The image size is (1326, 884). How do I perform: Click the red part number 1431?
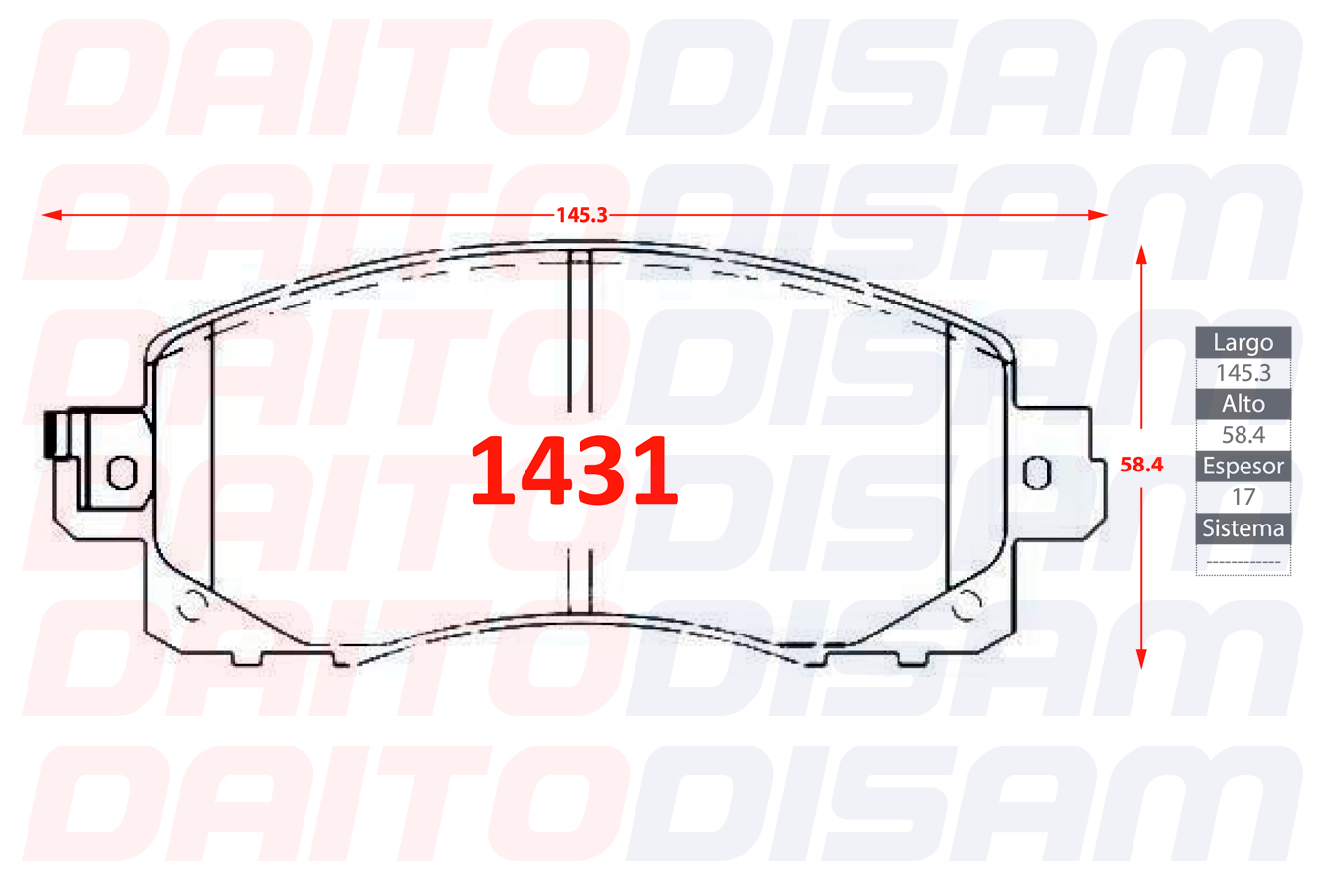tap(574, 470)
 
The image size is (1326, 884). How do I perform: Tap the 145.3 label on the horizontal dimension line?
tap(581, 215)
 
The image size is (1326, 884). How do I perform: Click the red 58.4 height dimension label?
tap(1141, 465)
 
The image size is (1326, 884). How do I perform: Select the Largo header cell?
tap(1243, 342)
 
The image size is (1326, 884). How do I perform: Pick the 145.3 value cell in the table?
tap(1243, 373)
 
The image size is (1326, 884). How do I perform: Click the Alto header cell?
tap(1243, 405)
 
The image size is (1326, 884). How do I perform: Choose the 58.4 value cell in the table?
tap(1243, 435)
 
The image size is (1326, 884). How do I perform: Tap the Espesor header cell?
tap(1243, 466)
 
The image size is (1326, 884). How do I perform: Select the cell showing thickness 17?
tap(1243, 497)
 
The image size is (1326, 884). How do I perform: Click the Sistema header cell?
tap(1243, 528)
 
